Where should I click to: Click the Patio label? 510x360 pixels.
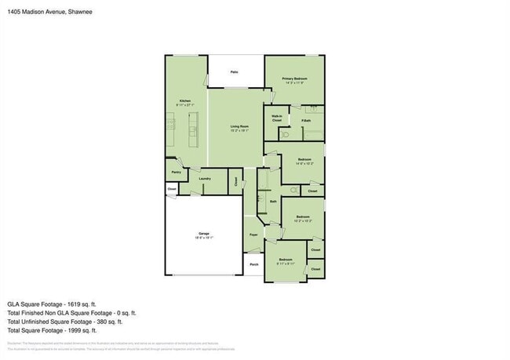pos(234,72)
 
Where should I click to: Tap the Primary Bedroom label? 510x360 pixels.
pos(294,80)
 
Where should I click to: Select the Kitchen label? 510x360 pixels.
pos(185,101)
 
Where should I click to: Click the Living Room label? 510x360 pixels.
pos(239,126)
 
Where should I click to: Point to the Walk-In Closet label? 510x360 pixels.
pos(277,118)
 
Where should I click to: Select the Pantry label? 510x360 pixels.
pos(176,171)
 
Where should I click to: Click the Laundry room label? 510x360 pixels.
pos(204,179)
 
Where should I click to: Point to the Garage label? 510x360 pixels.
pos(203,235)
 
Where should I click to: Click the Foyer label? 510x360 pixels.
pos(253,235)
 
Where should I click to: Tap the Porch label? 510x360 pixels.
pos(253,264)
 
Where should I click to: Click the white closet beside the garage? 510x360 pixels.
pos(171,189)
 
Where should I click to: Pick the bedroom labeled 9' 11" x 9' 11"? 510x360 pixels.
pos(285,260)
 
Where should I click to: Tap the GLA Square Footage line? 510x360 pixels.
pos(52,304)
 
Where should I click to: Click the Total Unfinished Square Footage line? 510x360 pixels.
pos(65,322)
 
